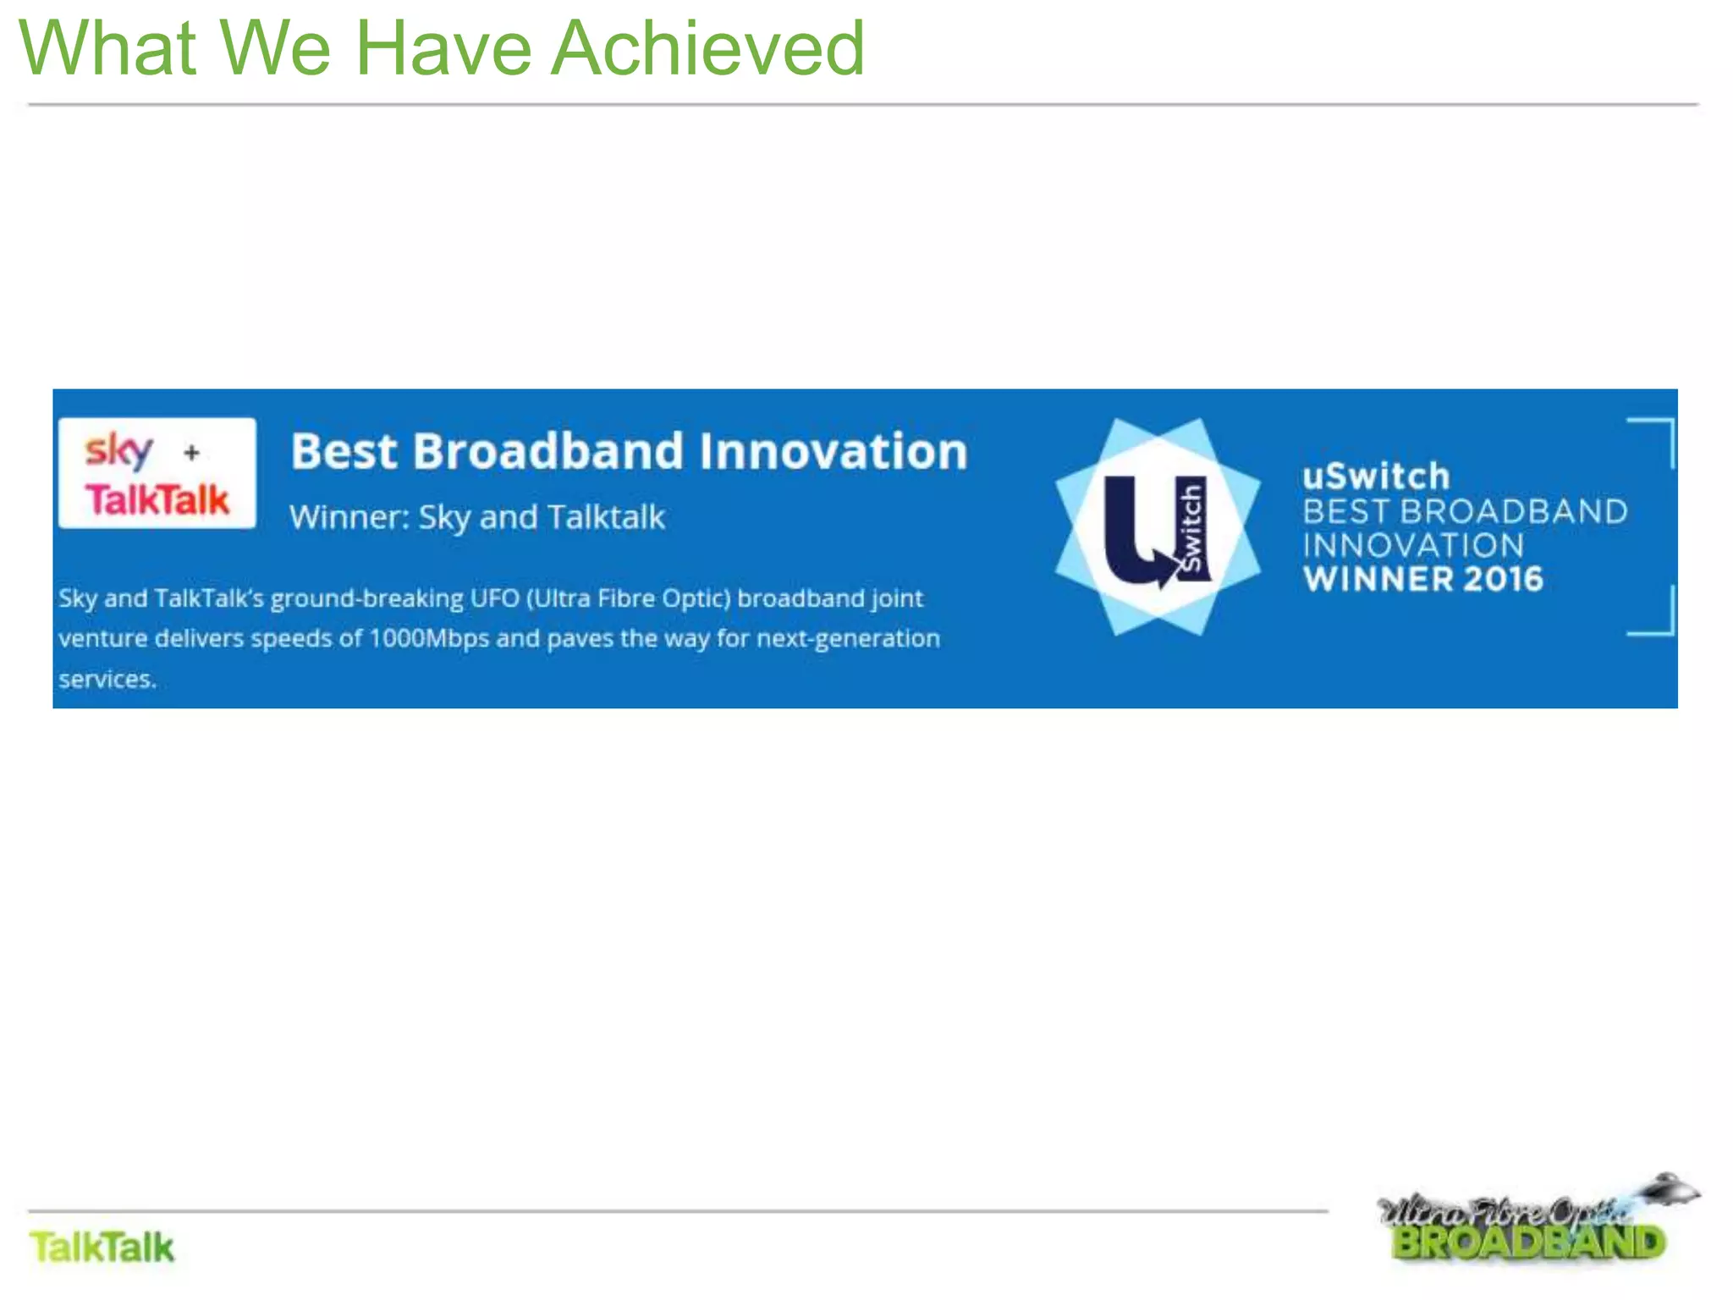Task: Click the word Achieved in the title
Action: coord(707,49)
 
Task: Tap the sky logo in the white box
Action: coord(118,450)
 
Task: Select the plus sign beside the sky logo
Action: coord(192,453)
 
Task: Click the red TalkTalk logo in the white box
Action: coord(157,499)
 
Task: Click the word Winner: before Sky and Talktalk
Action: coord(349,517)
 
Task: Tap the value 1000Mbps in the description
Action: coord(428,638)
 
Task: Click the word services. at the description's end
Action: coord(107,679)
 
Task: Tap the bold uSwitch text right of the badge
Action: coord(1376,476)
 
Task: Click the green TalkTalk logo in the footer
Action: coord(102,1248)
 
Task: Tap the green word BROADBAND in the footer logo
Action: coord(1528,1243)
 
